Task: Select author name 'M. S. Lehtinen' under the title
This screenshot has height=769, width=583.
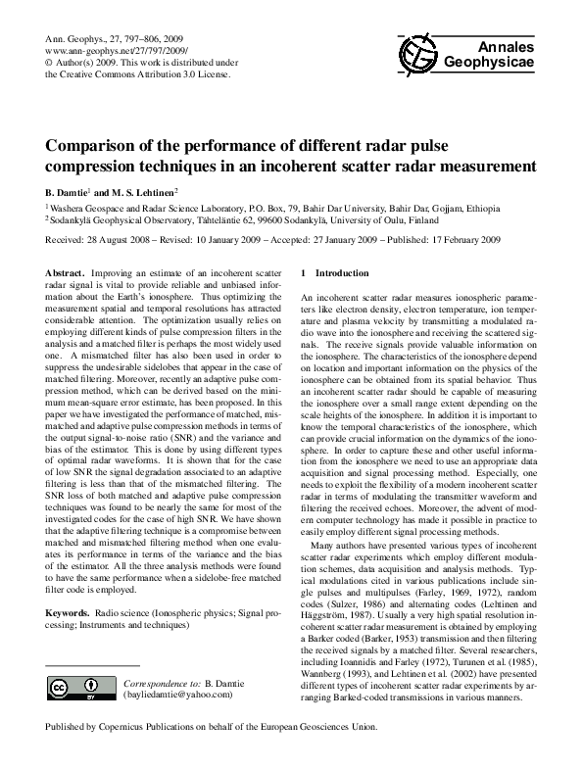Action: pyautogui.click(x=147, y=192)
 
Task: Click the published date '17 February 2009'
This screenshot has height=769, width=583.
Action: pyautogui.click(x=459, y=239)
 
